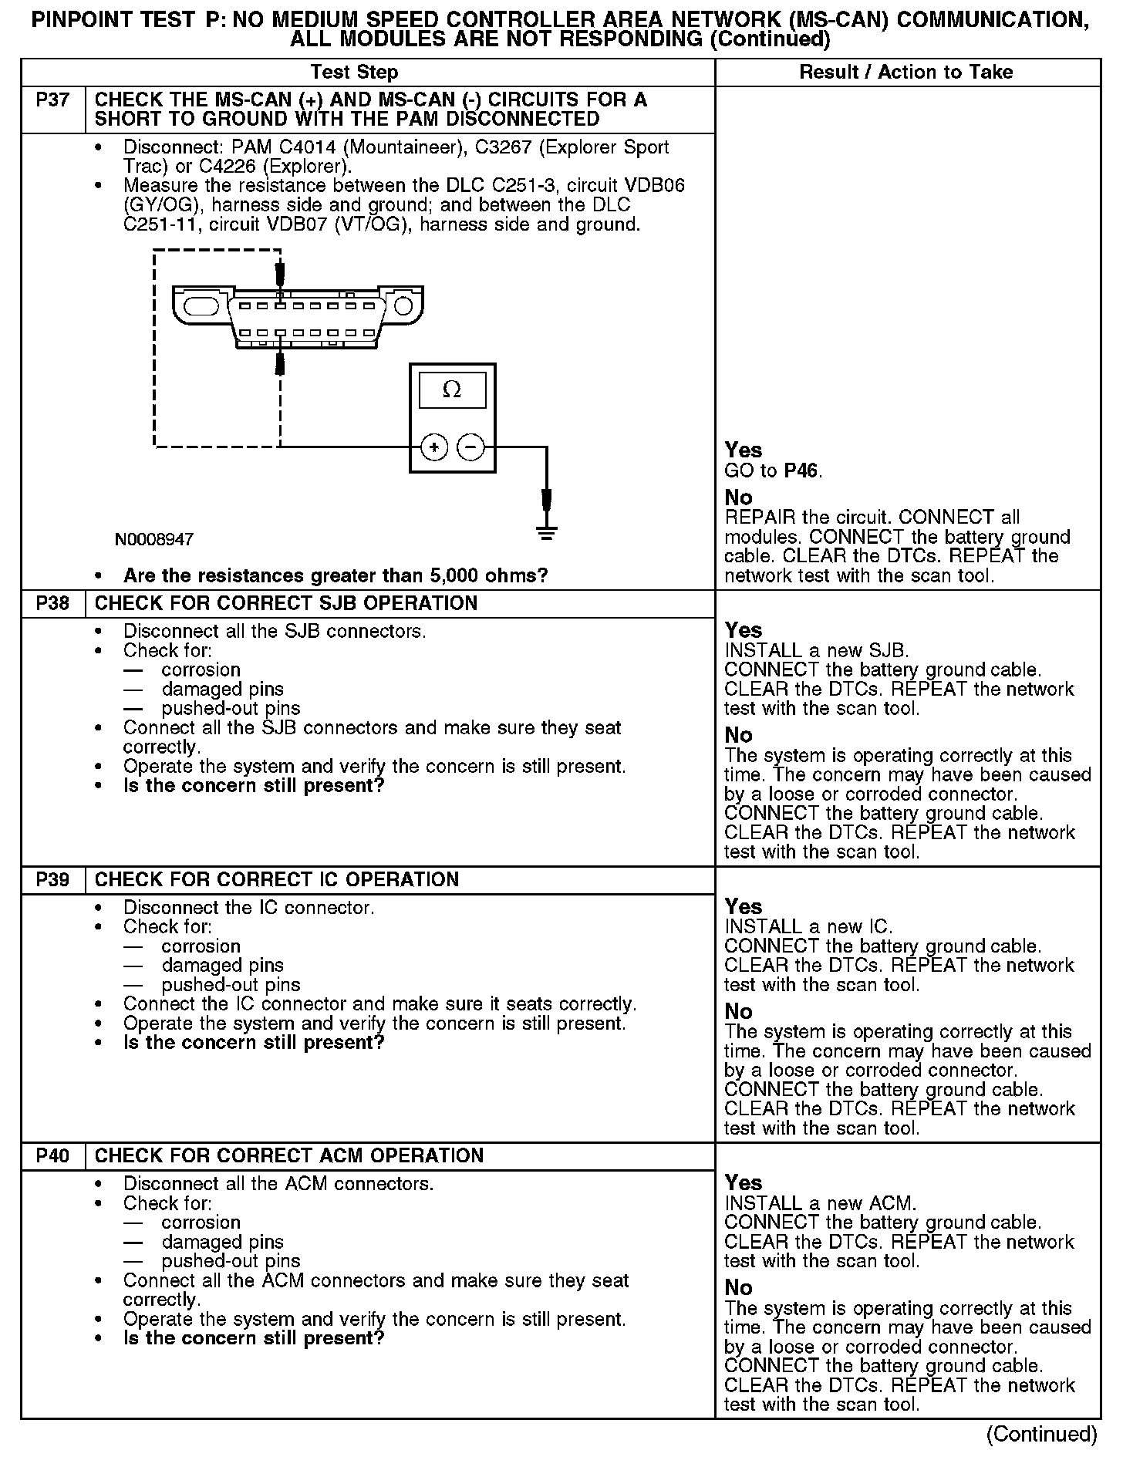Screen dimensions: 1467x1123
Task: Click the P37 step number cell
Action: tap(52, 100)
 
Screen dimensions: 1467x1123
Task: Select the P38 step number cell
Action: tap(52, 604)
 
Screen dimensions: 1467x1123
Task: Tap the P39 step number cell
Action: tap(52, 880)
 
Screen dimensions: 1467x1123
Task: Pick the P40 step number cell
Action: tap(52, 1156)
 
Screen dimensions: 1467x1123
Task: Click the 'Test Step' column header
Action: tap(354, 73)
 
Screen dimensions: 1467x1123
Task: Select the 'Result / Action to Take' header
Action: tap(905, 73)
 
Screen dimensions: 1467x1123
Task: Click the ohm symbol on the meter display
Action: tap(452, 391)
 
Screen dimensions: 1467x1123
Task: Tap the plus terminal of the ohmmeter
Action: tap(434, 447)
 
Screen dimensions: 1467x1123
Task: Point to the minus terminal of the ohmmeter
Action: tap(471, 447)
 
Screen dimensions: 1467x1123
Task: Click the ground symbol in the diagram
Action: tap(547, 532)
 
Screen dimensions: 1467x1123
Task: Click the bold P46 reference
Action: tap(802, 471)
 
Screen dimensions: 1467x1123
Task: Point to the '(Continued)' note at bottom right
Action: tap(1041, 1435)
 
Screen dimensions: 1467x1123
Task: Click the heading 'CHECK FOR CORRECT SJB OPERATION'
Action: tap(286, 604)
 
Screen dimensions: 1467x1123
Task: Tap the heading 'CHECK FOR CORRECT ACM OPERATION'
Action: tap(289, 1156)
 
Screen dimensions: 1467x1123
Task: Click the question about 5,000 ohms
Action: tap(336, 577)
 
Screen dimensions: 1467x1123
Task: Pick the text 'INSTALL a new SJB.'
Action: tap(817, 651)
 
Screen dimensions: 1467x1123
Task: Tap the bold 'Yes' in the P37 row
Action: tap(744, 451)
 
